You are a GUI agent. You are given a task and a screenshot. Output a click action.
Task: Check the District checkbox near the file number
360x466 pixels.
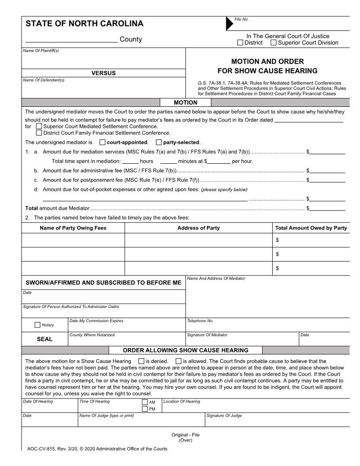point(240,43)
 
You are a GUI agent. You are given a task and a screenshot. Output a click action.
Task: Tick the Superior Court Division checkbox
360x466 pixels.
point(274,43)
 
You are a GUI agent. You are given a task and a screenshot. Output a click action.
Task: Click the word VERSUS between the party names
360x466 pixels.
point(103,73)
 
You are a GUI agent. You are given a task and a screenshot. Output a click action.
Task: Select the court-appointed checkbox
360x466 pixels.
point(103,143)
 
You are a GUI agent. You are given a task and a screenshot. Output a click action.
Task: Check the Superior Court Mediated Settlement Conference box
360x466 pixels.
point(39,126)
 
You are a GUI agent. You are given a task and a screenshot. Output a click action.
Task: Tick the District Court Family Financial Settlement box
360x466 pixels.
point(39,132)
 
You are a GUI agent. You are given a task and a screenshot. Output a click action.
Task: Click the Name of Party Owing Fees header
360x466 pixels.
point(73,228)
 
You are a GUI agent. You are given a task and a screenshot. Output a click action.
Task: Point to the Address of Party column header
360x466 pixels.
point(199,228)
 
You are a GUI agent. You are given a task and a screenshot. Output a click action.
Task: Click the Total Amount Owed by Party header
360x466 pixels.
point(311,228)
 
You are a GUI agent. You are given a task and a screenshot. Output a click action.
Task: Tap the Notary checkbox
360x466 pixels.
point(37,325)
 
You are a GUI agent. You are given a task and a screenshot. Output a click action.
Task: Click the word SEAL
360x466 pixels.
point(44,339)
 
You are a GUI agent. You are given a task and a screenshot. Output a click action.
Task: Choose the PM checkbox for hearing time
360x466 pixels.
point(145,409)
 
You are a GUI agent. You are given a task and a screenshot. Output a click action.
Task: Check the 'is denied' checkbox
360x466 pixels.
point(141,361)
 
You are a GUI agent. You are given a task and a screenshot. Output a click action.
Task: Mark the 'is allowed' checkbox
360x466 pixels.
point(178,361)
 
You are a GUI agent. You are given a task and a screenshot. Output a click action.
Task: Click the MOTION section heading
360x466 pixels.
point(186,103)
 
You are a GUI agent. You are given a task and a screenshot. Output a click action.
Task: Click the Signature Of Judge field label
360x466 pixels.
point(224,416)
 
